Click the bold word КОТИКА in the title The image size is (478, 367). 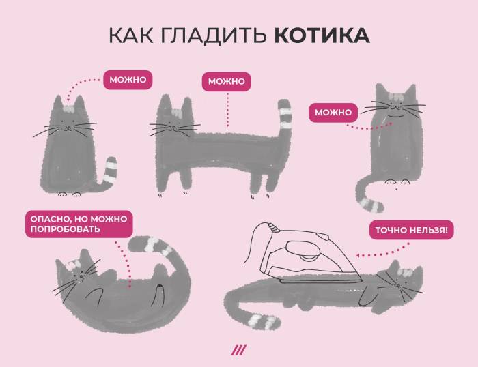pos(322,36)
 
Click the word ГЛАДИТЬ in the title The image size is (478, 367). pos(213,36)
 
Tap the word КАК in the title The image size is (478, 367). pos(132,36)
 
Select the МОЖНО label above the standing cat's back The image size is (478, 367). pos(226,82)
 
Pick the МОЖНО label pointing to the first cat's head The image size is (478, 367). pos(128,80)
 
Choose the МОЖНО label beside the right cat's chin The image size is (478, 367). pos(333,112)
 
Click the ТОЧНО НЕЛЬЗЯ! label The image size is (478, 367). pos(411,231)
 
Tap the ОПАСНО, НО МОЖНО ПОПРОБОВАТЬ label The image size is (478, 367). pos(77,224)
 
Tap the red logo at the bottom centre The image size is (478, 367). pos(238,351)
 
